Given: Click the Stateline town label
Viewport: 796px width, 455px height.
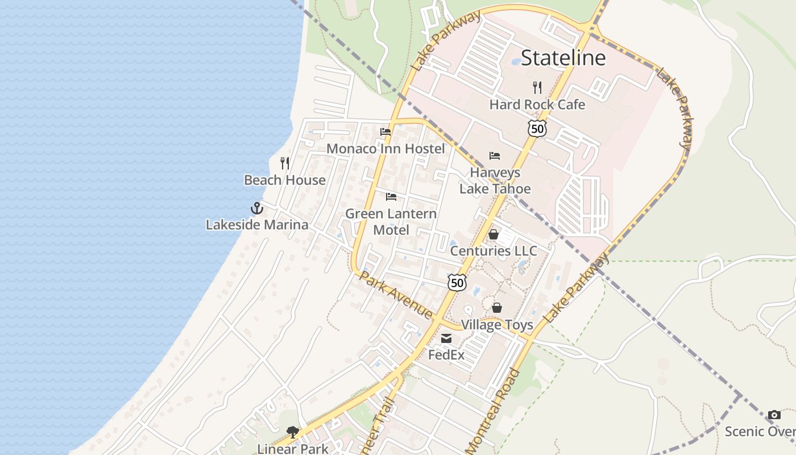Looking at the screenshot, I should [x=563, y=57].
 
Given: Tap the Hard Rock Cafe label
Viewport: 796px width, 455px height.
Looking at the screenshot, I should [x=537, y=105].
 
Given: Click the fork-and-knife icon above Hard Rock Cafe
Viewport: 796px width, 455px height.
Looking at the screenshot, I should [x=537, y=87].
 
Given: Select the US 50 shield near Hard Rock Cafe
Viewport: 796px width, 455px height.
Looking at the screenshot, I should [x=537, y=128].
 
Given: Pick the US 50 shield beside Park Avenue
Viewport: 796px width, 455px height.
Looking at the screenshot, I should [x=457, y=282].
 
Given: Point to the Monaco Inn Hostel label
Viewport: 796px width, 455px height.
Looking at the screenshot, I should [x=385, y=149].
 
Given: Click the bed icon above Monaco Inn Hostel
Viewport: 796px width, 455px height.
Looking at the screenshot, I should [x=385, y=132].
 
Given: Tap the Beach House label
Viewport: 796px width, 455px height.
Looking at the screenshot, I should [x=285, y=180].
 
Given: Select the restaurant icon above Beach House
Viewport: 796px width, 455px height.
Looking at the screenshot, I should [x=285, y=163].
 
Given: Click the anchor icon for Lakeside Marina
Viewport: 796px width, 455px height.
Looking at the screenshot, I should [x=257, y=208].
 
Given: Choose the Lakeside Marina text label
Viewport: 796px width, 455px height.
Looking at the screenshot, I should [x=257, y=225].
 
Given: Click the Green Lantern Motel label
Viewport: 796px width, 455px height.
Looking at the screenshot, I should [x=391, y=222].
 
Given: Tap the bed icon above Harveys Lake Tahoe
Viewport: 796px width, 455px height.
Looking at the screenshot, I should [x=495, y=156].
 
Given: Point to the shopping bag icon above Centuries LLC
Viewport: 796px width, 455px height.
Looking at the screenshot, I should [x=494, y=234].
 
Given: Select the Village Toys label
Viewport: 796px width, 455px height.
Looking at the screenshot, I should [x=497, y=325].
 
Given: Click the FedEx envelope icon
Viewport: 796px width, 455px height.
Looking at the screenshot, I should [x=446, y=338].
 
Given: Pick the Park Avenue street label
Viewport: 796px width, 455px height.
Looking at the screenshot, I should [x=396, y=295].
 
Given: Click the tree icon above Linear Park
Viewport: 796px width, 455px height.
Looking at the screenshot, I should [x=293, y=432].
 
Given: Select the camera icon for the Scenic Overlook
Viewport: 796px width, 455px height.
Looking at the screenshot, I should [x=774, y=415].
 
